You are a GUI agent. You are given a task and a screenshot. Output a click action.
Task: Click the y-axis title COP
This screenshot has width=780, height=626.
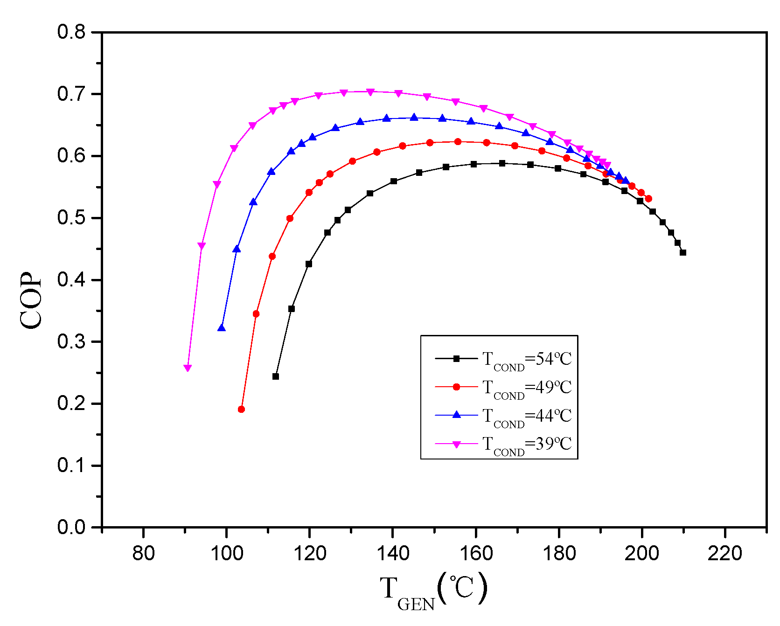[x=31, y=300]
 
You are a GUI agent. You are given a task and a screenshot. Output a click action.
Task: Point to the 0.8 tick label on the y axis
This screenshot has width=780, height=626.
[x=71, y=32]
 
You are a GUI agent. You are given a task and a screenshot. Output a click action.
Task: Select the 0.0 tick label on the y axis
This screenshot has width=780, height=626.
[x=71, y=528]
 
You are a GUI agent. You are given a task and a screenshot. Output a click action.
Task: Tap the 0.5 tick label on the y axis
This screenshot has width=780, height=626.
[x=71, y=218]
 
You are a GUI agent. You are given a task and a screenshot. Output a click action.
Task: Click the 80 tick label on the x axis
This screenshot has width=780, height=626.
[x=143, y=554]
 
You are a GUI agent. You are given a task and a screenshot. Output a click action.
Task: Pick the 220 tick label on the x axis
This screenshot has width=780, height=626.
[x=724, y=554]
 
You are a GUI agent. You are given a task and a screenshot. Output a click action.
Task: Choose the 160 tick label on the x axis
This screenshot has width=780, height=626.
[x=475, y=554]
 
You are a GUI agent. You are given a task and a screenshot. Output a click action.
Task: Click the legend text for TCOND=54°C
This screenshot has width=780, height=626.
[x=527, y=360]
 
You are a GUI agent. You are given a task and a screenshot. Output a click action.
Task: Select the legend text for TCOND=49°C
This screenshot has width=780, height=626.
[x=527, y=388]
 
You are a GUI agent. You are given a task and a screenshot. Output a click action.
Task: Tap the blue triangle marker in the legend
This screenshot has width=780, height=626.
[x=457, y=415]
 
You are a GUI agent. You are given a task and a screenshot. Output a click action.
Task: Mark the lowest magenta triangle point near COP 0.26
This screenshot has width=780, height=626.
[x=188, y=368]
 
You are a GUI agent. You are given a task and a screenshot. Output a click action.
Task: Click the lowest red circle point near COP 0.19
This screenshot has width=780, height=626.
[x=241, y=410]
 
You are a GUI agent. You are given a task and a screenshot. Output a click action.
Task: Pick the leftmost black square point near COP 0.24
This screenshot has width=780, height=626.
[x=276, y=376]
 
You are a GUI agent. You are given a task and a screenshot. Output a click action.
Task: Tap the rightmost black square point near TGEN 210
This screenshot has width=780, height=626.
[x=683, y=252]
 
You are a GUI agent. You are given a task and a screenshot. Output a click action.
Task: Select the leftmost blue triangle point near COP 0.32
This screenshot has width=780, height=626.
[x=222, y=328]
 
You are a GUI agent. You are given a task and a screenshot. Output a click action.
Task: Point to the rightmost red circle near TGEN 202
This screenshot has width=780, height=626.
[x=648, y=199]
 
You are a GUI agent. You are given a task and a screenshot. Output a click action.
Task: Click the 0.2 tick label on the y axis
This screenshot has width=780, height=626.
[x=71, y=403]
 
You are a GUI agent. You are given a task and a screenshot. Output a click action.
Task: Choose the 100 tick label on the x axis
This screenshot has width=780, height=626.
[x=226, y=554]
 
